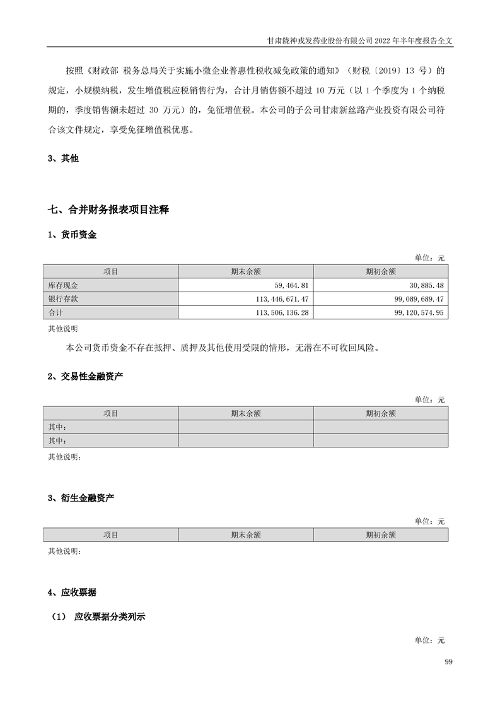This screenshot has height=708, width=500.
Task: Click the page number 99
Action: coord(448,661)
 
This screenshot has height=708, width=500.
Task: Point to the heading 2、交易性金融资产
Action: coord(85,377)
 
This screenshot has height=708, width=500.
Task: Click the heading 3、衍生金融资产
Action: coord(81,499)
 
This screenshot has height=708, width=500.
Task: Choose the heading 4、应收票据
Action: coord(73,593)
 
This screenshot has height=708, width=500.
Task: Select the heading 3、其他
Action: coord(63,159)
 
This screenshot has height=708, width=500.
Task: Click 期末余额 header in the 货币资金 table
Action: coord(245,271)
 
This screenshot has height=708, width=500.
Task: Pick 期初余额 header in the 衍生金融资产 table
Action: coord(380,535)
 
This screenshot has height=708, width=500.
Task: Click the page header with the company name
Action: coord(361,39)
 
